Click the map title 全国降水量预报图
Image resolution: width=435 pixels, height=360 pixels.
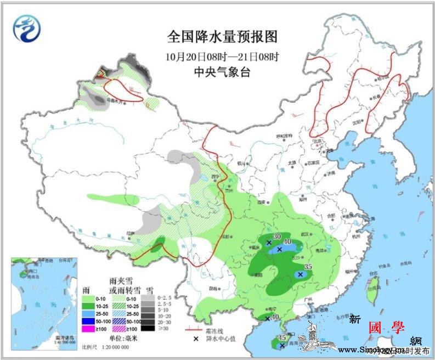(x=222, y=37)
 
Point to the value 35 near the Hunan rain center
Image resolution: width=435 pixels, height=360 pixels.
(x=308, y=268)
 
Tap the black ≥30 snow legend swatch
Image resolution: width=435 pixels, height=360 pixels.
(x=147, y=328)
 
